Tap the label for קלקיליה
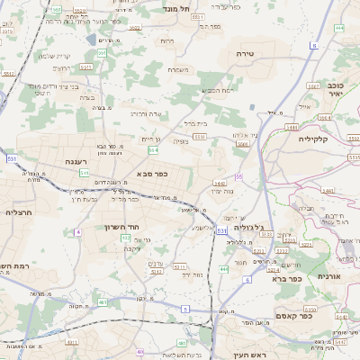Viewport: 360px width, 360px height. (319, 139)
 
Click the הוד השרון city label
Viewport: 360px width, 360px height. (120, 227)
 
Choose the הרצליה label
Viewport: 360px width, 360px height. (18, 212)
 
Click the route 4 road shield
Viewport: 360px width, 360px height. (78, 232)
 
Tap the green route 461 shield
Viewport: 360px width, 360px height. (102, 302)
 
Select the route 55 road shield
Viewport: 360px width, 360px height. (239, 176)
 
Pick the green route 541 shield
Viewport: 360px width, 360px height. (84, 172)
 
